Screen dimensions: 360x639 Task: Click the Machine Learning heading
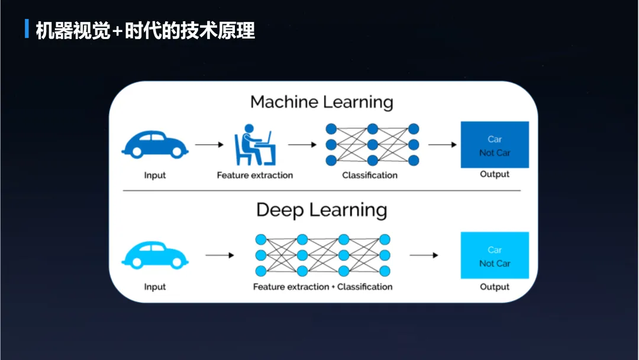point(321,102)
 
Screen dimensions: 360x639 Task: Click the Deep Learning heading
point(321,210)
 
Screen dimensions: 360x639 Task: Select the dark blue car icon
point(155,144)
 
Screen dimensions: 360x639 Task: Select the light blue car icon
point(155,255)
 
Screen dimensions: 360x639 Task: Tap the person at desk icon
point(254,145)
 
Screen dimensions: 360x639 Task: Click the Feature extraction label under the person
point(254,175)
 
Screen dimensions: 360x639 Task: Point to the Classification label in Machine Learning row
point(370,175)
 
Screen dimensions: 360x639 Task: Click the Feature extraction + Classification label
point(322,287)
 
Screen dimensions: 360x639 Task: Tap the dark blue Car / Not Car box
point(495,145)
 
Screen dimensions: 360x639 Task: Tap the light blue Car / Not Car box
point(495,256)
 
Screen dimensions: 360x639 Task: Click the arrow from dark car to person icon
point(209,144)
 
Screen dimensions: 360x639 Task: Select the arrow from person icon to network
point(302,144)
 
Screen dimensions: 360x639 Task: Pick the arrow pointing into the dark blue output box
point(442,144)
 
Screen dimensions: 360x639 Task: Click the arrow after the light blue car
point(220,255)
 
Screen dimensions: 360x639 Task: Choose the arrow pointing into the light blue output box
point(424,255)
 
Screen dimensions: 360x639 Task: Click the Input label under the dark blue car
point(155,175)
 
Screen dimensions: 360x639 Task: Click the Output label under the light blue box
point(495,287)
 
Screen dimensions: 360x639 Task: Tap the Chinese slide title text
point(146,30)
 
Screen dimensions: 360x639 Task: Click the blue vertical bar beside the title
point(27,29)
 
